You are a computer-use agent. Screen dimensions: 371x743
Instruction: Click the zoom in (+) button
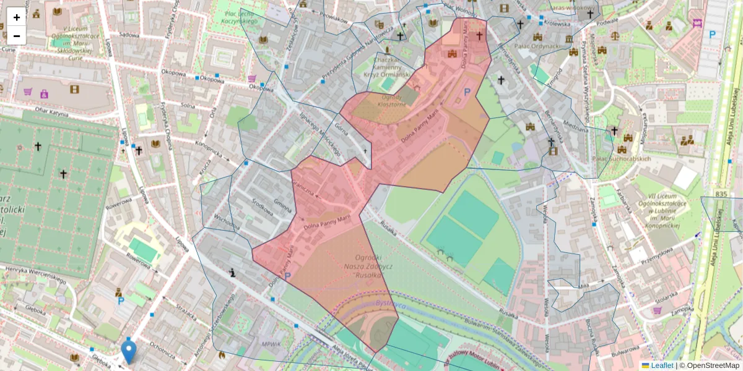pyautogui.click(x=17, y=17)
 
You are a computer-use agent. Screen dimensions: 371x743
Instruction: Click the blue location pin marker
pyautogui.click(x=129, y=351)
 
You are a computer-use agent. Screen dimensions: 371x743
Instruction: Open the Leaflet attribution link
pyautogui.click(x=661, y=365)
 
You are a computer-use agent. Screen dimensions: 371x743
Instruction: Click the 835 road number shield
pyautogui.click(x=720, y=194)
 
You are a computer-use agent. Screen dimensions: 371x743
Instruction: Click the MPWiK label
pyautogui.click(x=272, y=343)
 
